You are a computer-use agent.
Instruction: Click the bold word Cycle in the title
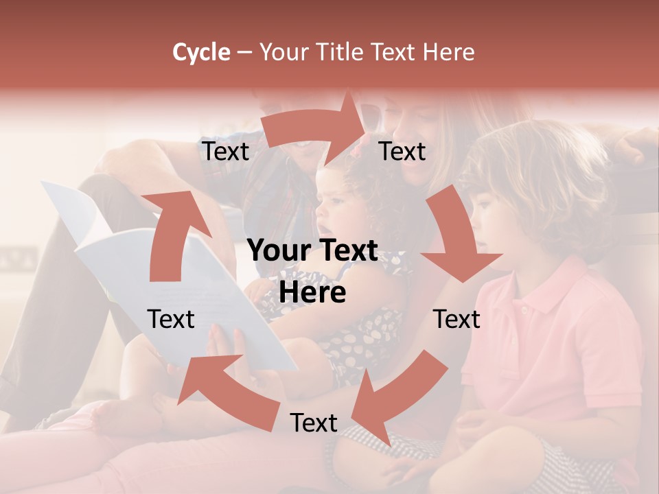(201, 52)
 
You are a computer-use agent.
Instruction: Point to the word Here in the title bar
(448, 52)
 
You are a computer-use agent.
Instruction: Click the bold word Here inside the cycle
(312, 293)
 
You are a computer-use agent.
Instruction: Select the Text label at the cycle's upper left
(225, 152)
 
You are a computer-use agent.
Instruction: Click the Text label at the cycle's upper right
(402, 152)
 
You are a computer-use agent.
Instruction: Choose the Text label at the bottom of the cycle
(314, 423)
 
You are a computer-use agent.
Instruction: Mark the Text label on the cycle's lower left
(171, 319)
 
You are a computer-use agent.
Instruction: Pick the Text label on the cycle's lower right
(456, 319)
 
